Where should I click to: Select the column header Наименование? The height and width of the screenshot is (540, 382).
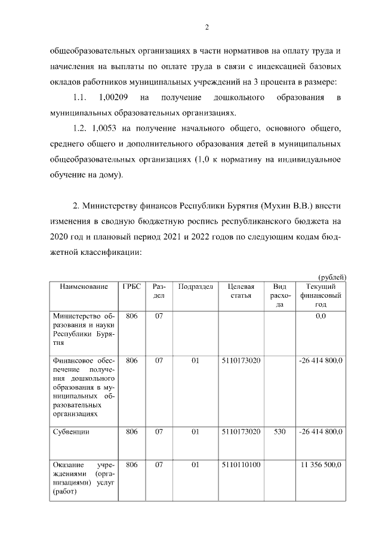pos(84,287)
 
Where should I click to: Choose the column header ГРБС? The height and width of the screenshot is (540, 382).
pos(131,287)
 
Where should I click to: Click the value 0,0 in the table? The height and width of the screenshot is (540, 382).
pos(321,316)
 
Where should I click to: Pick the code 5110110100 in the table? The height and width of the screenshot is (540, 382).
pos(241,464)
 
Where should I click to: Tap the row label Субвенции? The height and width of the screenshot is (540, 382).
pos(72,432)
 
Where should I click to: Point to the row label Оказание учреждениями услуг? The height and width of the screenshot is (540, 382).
pos(84,477)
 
